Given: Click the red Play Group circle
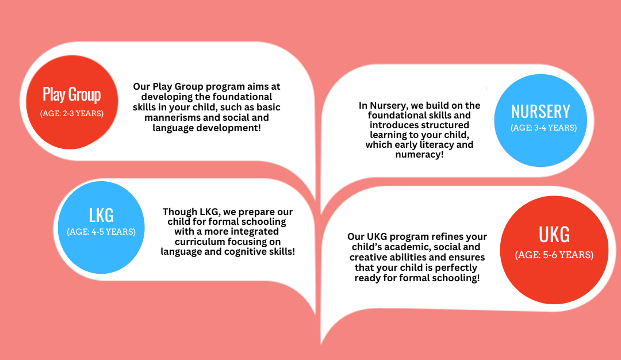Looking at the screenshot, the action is (72, 102).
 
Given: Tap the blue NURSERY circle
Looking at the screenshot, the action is (540, 120).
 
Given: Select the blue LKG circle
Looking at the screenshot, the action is (101, 227).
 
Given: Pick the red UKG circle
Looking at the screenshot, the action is (554, 250).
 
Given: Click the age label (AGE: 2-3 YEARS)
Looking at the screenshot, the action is (72, 113).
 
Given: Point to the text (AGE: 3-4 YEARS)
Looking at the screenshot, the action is (543, 128).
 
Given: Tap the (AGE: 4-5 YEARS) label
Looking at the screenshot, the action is (101, 232).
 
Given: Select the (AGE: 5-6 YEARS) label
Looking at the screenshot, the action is (554, 255).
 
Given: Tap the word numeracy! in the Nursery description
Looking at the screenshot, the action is (419, 155).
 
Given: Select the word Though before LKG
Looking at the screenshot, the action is (180, 212).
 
